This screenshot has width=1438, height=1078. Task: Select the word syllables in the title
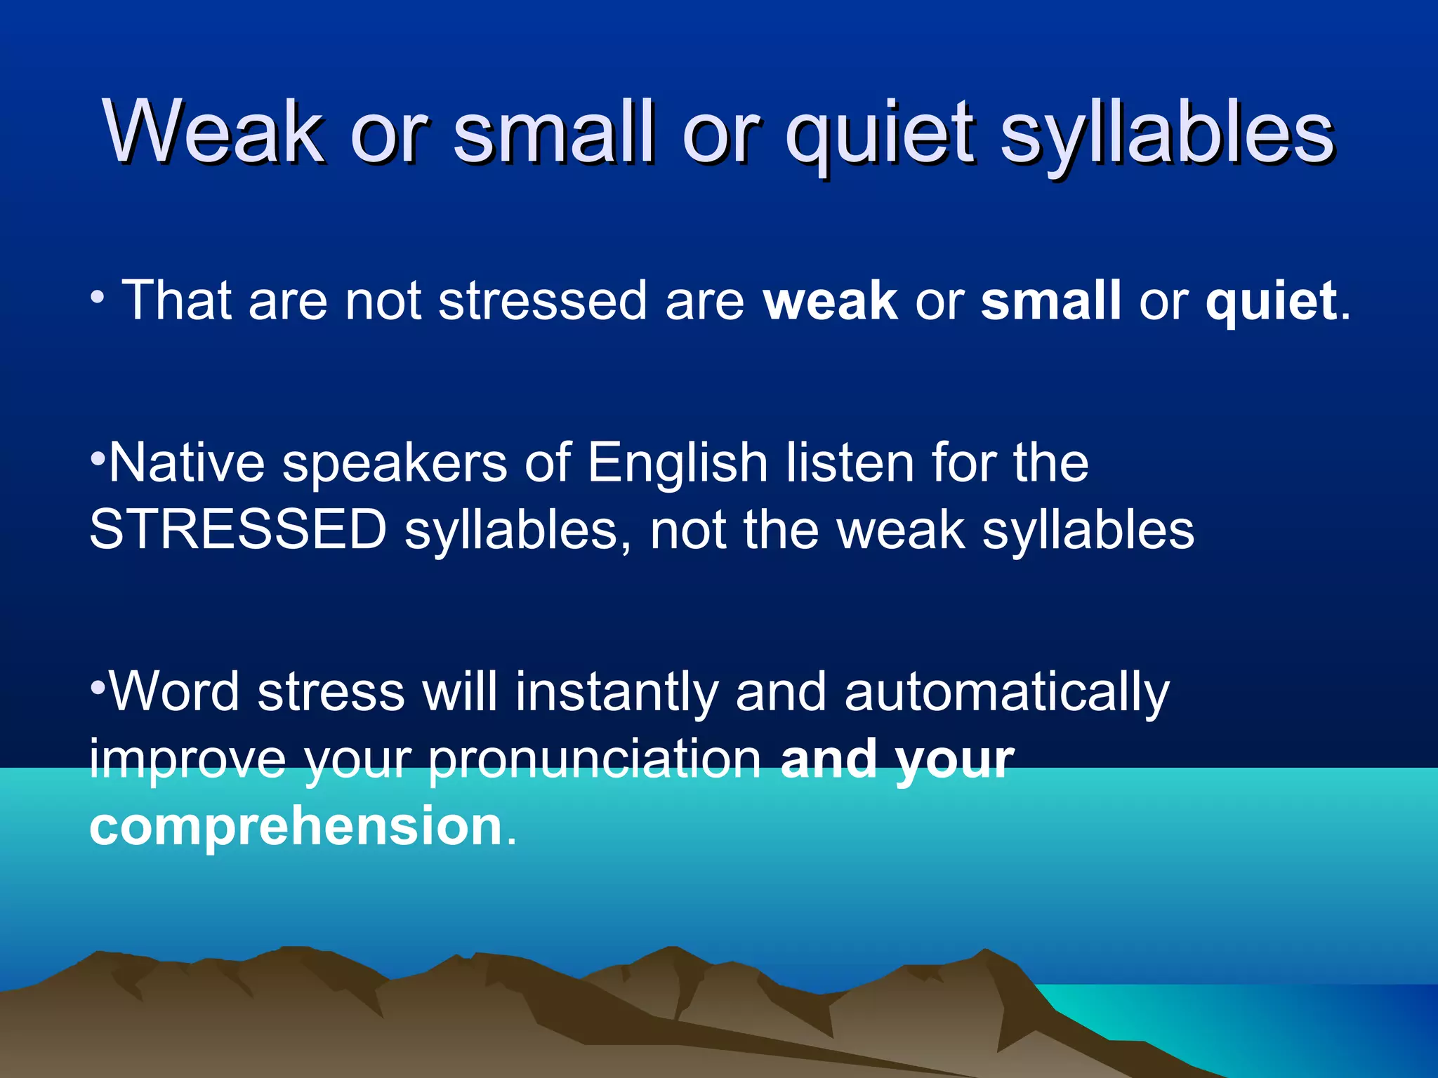1166,133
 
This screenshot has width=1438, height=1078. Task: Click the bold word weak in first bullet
830,301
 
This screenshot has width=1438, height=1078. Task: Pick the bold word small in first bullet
1050,301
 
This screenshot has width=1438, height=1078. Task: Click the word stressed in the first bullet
542,301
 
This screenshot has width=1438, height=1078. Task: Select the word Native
187,463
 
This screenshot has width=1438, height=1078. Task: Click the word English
678,464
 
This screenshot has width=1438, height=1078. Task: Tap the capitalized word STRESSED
238,530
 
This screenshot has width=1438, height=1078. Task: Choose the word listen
850,463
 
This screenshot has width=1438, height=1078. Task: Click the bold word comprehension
296,827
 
